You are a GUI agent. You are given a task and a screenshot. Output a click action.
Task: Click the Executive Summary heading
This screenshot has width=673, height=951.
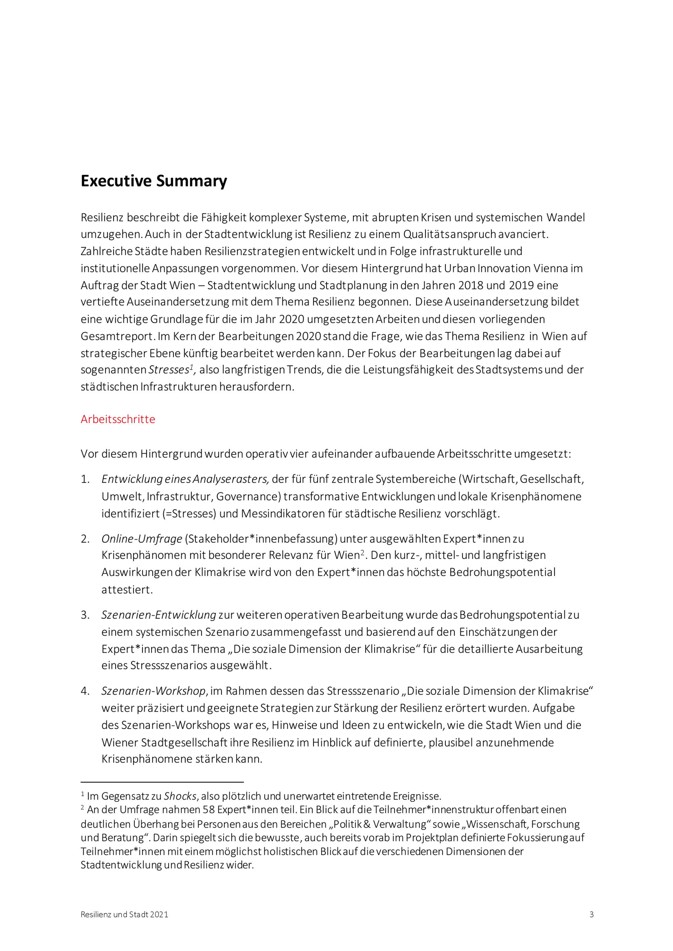tap(154, 181)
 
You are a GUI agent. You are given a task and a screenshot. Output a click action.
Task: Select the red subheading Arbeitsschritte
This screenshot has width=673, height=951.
tap(118, 419)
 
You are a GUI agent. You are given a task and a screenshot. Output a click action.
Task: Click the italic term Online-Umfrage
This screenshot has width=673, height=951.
tap(142, 539)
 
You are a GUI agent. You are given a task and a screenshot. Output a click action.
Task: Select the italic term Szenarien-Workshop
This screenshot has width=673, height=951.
tap(154, 691)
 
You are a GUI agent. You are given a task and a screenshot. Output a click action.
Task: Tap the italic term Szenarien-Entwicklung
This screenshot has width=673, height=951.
tap(159, 615)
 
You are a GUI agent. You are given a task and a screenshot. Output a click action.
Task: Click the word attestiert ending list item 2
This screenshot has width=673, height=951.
tap(127, 590)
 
